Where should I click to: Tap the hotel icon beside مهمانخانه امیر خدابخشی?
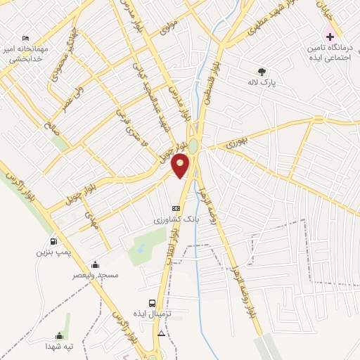(x=26, y=38)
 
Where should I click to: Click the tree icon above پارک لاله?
(x=262, y=71)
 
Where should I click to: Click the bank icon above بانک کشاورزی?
(x=176, y=208)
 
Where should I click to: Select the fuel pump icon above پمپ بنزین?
(x=53, y=241)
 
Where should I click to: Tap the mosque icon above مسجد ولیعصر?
(x=95, y=265)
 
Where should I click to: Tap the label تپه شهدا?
(x=60, y=347)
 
